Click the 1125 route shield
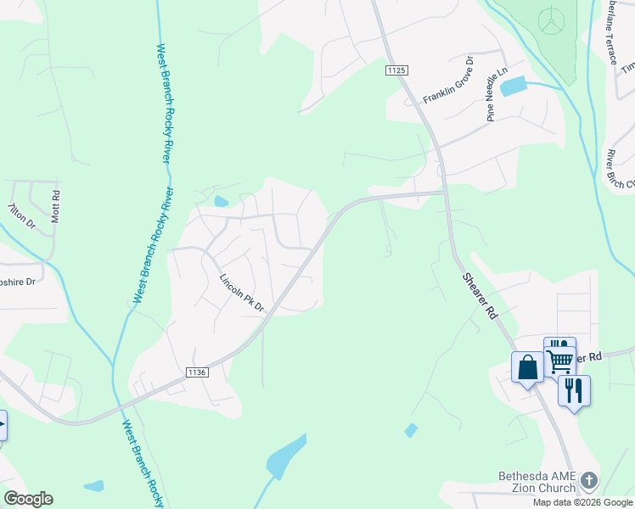click(x=396, y=70)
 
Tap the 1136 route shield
click(x=197, y=372)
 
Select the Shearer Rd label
click(x=480, y=295)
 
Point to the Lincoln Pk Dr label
click(x=242, y=294)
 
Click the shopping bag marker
click(x=527, y=368)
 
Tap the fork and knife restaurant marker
click(x=574, y=391)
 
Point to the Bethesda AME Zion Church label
click(x=537, y=482)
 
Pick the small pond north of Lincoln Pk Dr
click(x=222, y=202)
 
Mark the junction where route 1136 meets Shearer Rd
click(x=444, y=193)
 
